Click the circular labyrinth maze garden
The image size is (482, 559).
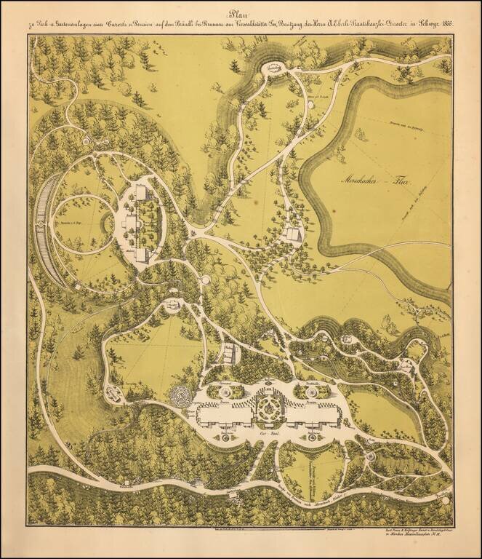point(180,397)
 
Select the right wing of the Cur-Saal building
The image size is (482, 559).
point(308,416)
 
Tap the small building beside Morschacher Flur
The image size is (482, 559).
point(292,234)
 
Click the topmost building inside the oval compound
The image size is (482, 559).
point(140,193)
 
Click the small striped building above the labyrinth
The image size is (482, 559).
point(231,354)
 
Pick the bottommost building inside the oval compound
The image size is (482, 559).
point(142,254)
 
